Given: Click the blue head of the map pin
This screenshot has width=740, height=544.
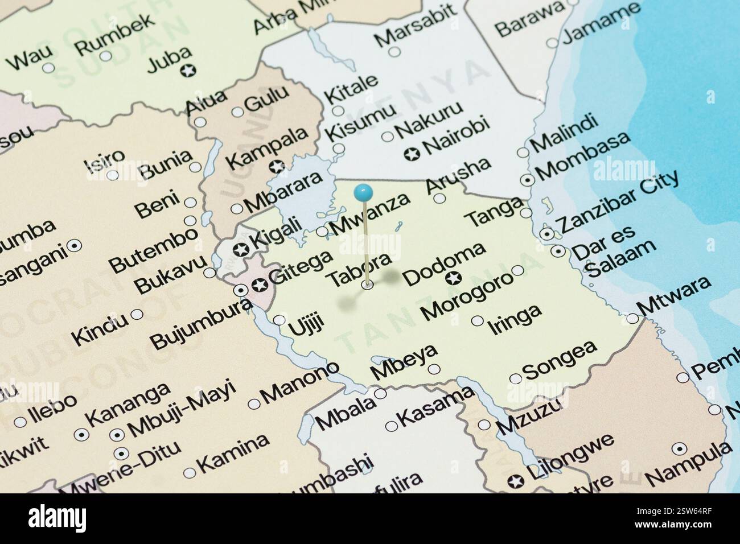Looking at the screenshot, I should pyautogui.click(x=363, y=192).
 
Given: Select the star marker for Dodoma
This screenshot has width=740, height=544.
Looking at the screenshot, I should pyautogui.click(x=454, y=278).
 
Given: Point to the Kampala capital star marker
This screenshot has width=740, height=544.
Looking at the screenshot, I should pyautogui.click(x=277, y=167).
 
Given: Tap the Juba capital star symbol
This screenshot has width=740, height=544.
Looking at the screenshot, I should pyautogui.click(x=187, y=71).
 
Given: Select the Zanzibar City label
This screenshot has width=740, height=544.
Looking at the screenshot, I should pyautogui.click(x=620, y=201).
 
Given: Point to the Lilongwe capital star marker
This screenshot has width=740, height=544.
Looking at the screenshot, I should pyautogui.click(x=515, y=481).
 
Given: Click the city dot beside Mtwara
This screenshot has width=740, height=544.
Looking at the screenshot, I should pyautogui.click(x=632, y=319).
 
